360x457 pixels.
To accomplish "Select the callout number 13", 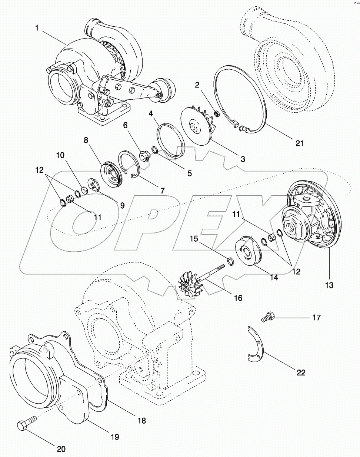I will point(329,285).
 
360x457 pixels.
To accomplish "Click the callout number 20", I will point(61,449).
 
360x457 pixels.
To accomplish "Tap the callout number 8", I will point(86,140).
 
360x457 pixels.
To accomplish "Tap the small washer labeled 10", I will point(84,190).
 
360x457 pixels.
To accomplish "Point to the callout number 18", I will point(141,420).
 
